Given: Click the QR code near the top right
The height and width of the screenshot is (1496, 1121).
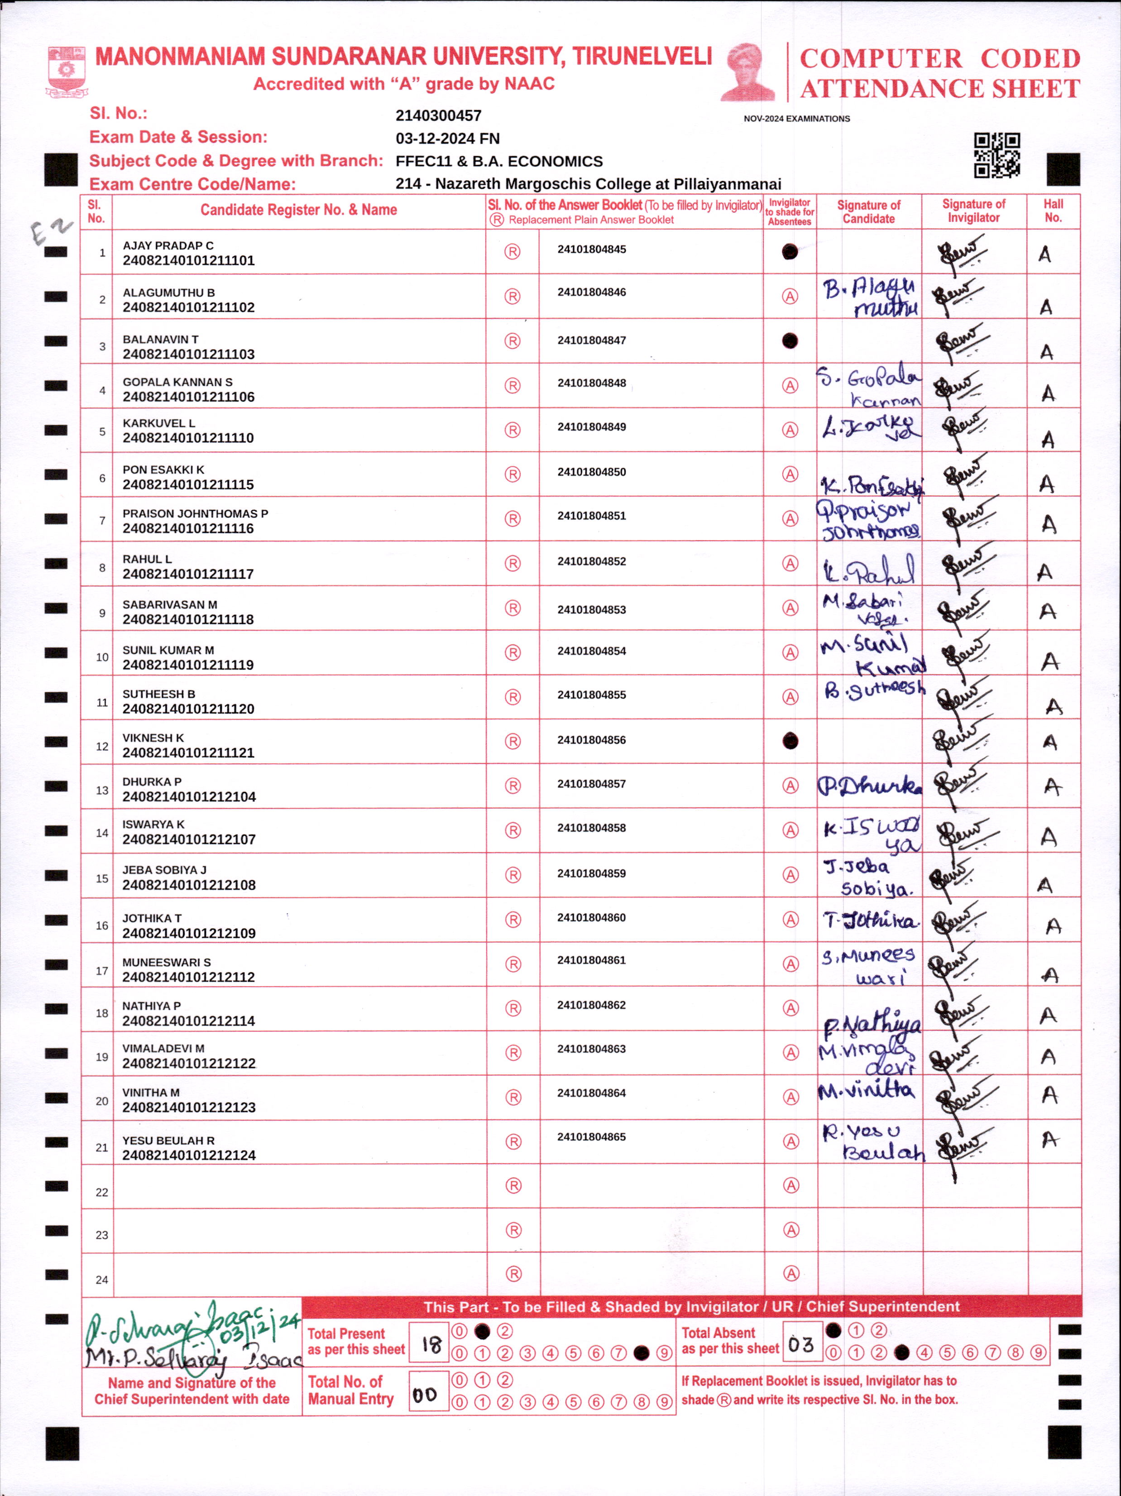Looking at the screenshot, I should click(x=996, y=155).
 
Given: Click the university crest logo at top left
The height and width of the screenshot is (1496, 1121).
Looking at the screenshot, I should click(x=66, y=71).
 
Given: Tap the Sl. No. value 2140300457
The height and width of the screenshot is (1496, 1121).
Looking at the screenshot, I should click(x=438, y=115).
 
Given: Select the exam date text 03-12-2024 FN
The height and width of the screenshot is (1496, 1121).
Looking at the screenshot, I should click(x=448, y=139).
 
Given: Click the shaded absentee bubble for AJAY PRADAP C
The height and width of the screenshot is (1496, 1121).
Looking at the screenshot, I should click(x=789, y=252).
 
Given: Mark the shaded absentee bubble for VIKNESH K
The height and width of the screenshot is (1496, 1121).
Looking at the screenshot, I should click(x=790, y=741).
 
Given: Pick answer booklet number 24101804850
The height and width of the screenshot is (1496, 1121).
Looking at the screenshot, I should click(x=592, y=472).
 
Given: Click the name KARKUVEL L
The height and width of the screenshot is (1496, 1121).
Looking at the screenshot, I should click(x=159, y=423).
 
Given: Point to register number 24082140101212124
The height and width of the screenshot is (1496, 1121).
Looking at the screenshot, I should click(x=189, y=1155).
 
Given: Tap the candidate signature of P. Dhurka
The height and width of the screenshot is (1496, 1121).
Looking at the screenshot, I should click(x=869, y=786).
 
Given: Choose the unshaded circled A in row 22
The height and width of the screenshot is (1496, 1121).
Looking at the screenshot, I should click(x=790, y=1185).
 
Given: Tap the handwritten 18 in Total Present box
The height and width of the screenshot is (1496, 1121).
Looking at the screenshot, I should click(x=431, y=1343).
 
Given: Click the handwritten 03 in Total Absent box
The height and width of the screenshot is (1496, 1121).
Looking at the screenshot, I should click(x=800, y=1344).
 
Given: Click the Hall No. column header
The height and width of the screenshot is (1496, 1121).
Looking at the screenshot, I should click(x=1053, y=211).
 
